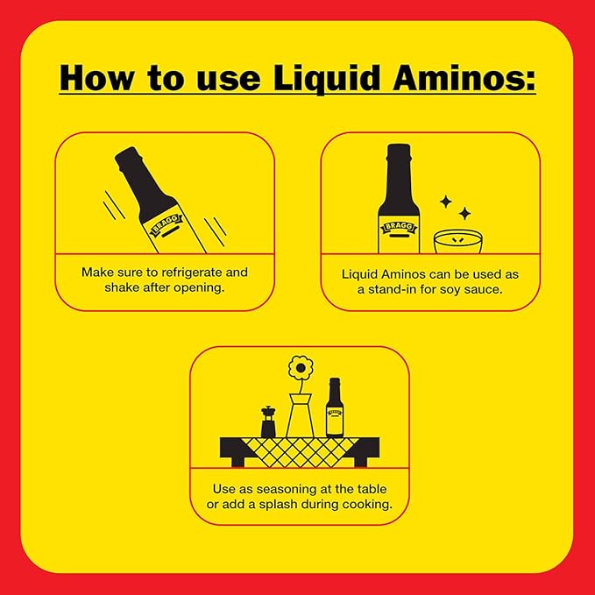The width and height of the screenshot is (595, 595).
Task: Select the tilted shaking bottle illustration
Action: [158, 198]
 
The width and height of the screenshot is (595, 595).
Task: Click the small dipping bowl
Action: [457, 242]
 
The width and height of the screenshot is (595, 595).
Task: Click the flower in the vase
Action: [301, 369]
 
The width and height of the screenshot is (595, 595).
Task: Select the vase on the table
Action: [300, 416]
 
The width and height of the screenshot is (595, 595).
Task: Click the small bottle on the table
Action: [334, 408]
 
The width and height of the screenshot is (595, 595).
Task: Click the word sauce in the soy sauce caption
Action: [485, 291]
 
